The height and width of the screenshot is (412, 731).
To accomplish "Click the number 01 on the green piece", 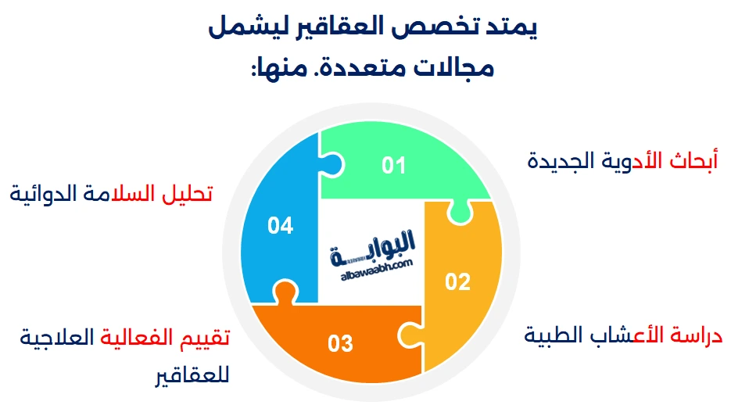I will pyautogui.click(x=394, y=166).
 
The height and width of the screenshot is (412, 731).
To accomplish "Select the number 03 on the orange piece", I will pyautogui.click(x=341, y=343).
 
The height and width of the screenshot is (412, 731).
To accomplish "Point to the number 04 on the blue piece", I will pyautogui.click(x=279, y=226).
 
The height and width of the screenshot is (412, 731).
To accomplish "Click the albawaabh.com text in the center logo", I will pyautogui.click(x=376, y=267).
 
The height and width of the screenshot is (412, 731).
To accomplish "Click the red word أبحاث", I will pyautogui.click(x=695, y=161).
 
